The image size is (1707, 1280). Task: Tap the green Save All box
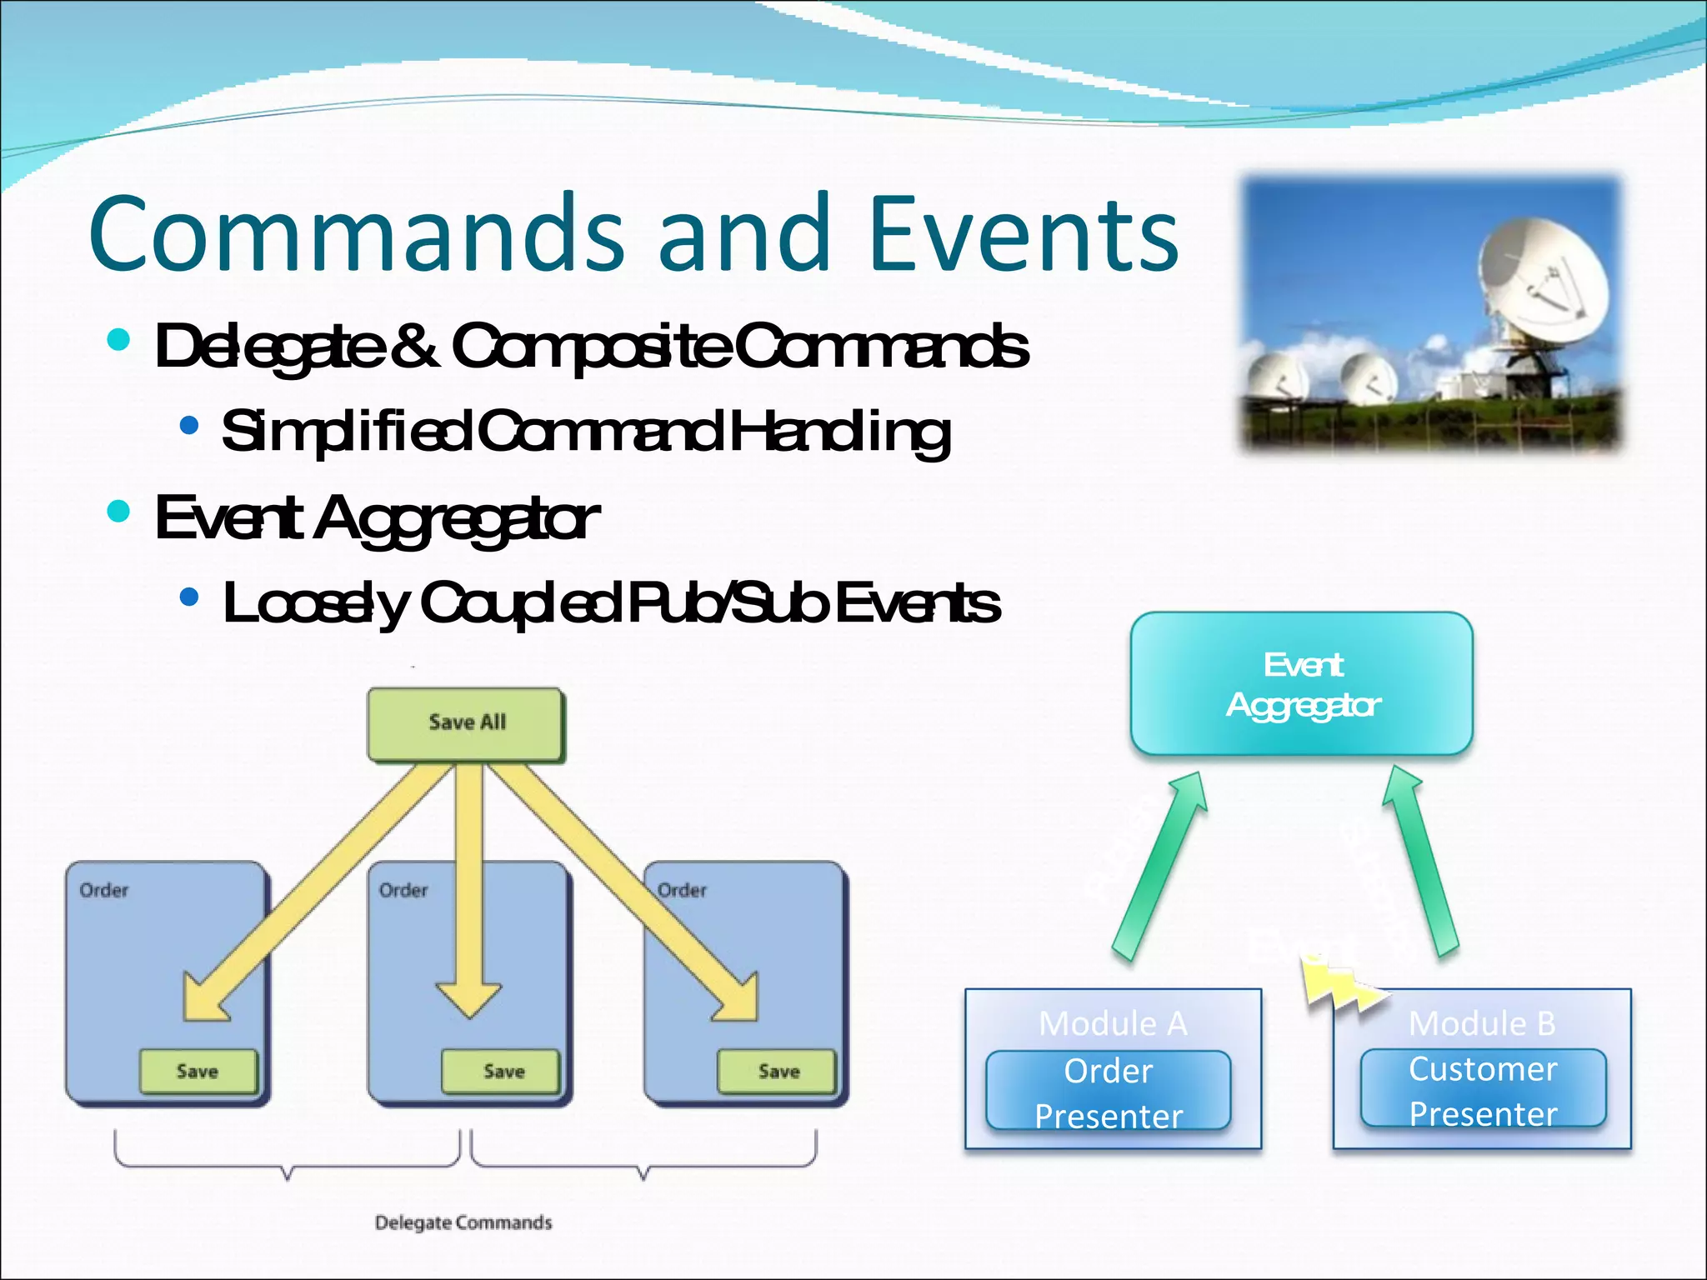pos(466,723)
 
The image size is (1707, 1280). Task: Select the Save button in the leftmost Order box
pos(198,1071)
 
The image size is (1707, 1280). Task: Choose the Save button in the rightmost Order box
pos(777,1071)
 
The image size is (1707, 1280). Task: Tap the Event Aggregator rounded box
pos(1301,684)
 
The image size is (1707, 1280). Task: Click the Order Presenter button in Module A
pos(1109,1092)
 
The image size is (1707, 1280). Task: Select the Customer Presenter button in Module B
pos(1483,1090)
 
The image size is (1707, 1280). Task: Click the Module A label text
pos(1113,1023)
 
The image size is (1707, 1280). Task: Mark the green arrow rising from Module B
pos(1421,862)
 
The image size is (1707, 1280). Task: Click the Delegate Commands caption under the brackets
pos(463,1222)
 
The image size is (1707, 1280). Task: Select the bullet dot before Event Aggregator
pos(119,510)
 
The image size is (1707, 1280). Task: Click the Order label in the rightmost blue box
pos(682,890)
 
